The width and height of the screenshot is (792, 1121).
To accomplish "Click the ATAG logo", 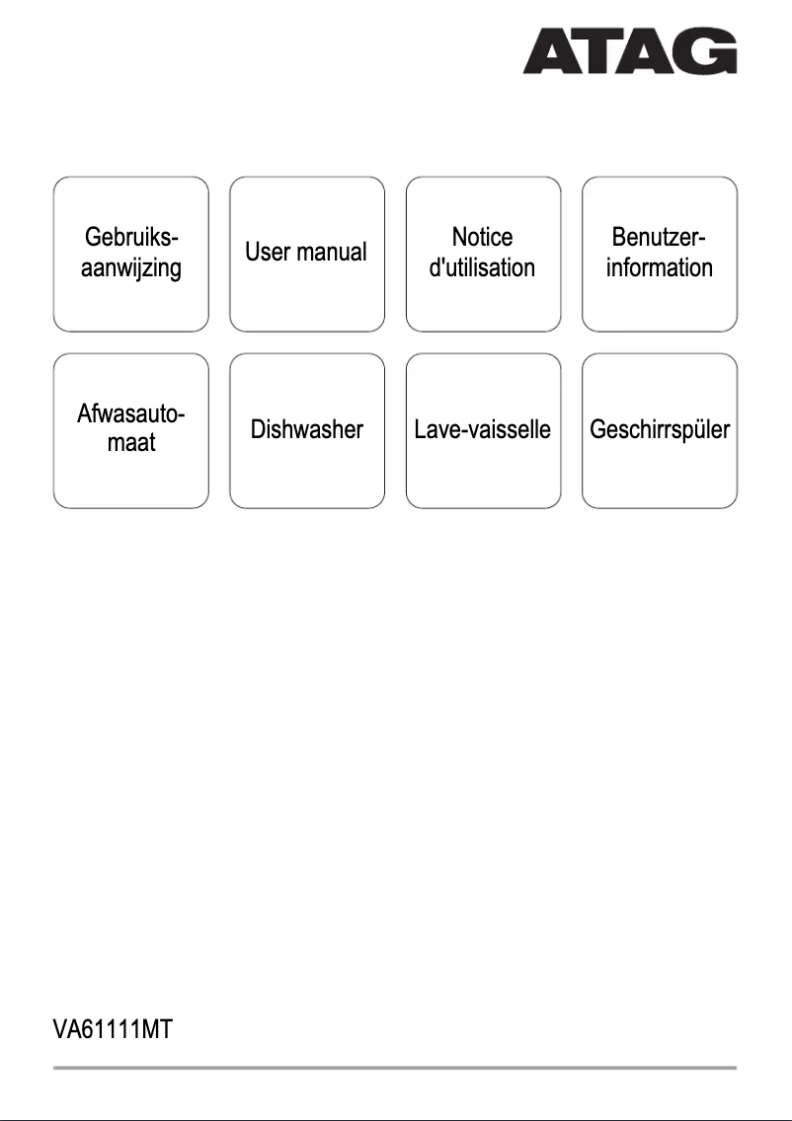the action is point(629,50).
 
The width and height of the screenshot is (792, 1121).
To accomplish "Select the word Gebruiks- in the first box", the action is point(131,238).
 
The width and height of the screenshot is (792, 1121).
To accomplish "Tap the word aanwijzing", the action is point(131,267).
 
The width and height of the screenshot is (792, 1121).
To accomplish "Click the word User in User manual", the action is point(268,253).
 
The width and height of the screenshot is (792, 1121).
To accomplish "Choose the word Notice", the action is point(482,238).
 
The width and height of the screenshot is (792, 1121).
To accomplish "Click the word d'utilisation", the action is point(482,267).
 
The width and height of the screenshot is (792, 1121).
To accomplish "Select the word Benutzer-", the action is point(659,238).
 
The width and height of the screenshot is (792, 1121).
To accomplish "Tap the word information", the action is point(659,267).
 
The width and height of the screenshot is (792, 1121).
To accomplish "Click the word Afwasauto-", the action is point(131,415).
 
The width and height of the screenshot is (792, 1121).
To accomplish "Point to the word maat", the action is point(131,444).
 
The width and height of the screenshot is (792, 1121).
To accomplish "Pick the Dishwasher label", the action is point(306,430).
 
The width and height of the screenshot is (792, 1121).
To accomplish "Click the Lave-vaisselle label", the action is point(482,430).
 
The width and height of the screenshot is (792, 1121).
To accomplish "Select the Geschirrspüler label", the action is point(659,430).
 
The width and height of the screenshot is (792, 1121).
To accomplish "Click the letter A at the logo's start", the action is point(550,51).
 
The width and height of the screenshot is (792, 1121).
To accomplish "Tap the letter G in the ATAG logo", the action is point(711,50).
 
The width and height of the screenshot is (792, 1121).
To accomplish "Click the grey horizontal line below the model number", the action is point(395,1068).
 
